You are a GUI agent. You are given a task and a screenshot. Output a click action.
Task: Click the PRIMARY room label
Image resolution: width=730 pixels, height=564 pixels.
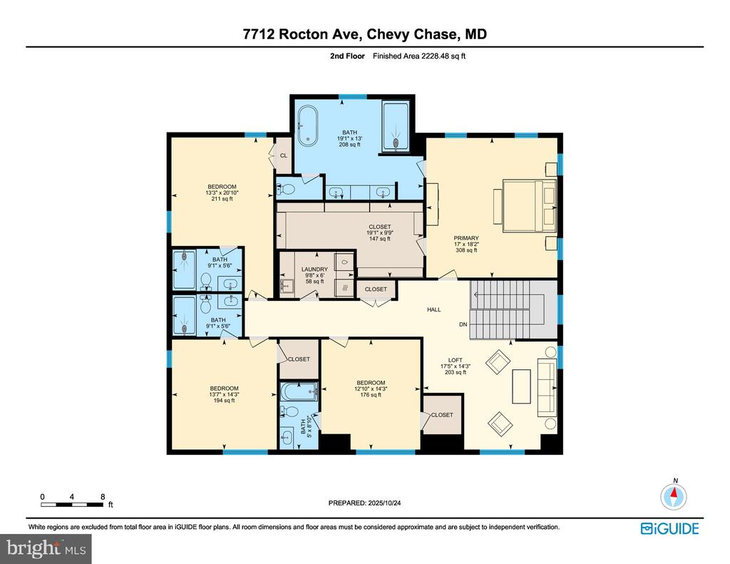467,238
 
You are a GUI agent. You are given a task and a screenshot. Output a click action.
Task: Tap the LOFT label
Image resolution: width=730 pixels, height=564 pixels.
455,360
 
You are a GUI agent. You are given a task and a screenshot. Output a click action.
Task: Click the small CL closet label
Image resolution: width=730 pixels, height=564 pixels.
283,155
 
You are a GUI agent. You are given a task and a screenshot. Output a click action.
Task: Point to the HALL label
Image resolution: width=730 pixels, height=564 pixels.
434,309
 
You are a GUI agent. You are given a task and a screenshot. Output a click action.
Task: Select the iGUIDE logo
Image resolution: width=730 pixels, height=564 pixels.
669,528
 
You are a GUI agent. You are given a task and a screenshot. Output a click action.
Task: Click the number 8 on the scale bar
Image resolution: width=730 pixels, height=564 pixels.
103,496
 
